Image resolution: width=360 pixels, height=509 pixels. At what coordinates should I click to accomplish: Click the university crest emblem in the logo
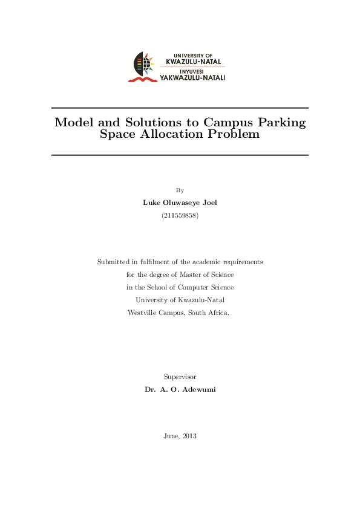(x=145, y=66)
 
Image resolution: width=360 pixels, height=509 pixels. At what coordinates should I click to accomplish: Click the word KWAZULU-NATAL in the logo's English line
(x=194, y=61)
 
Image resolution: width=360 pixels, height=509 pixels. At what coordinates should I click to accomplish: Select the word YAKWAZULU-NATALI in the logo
(x=192, y=78)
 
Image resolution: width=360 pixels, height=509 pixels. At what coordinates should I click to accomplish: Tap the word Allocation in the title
(x=173, y=134)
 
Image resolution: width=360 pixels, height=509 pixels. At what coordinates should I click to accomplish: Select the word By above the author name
(x=180, y=190)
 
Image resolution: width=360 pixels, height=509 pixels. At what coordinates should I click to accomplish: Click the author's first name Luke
(x=151, y=203)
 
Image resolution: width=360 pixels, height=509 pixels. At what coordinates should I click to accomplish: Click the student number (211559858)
(x=180, y=215)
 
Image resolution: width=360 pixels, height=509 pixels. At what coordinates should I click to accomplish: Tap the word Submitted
(x=114, y=262)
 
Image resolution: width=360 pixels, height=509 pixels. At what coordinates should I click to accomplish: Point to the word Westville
(x=142, y=313)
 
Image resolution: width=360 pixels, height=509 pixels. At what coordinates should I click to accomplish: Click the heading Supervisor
(x=180, y=377)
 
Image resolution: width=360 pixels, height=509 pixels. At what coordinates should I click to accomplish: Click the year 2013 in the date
(x=189, y=436)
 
